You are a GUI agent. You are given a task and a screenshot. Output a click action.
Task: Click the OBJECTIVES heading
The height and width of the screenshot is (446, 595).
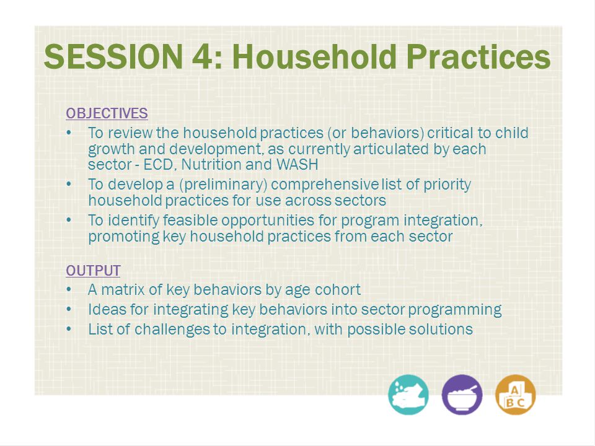107,113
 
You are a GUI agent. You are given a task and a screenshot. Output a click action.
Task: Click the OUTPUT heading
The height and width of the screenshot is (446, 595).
93,271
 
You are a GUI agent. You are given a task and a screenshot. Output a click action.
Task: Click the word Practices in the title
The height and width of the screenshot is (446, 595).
478,56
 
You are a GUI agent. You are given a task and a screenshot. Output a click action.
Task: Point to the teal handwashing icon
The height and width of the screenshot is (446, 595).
408,395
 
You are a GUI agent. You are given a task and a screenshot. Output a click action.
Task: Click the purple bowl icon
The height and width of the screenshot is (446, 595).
462,395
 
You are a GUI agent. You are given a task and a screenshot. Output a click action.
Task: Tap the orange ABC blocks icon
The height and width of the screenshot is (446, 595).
515,395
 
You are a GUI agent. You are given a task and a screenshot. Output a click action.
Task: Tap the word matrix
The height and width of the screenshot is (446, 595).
123,290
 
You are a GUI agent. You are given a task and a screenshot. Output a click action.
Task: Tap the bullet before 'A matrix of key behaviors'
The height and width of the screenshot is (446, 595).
69,290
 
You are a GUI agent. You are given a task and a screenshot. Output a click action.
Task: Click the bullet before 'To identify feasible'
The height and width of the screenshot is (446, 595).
69,221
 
